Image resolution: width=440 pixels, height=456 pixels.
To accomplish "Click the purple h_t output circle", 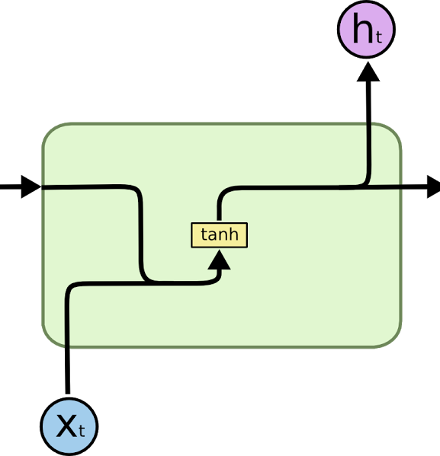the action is click(x=366, y=30).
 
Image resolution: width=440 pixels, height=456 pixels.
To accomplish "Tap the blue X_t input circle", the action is click(x=69, y=426).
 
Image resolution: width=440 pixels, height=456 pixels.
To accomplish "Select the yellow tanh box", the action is click(x=219, y=235).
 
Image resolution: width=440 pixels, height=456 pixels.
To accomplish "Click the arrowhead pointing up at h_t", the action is click(x=368, y=72).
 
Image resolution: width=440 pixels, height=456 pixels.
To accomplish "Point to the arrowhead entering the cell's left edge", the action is click(x=31, y=187).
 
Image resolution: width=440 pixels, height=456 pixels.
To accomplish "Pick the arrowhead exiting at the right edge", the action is click(x=434, y=187).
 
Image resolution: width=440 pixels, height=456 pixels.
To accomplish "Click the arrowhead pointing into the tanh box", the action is click(x=219, y=260).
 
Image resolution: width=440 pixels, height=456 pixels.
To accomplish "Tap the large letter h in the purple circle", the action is click(x=363, y=28).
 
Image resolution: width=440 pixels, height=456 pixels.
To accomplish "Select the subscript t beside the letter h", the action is click(x=379, y=37).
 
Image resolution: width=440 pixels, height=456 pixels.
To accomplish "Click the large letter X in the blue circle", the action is click(x=67, y=426).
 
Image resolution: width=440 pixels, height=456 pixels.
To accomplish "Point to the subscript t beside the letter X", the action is click(x=82, y=431).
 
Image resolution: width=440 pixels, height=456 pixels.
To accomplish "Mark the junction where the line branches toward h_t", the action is click(x=367, y=186).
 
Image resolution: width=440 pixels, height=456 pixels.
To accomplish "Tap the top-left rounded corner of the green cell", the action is click(x=50, y=130).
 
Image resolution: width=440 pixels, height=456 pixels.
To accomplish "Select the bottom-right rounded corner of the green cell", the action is click(x=394, y=340).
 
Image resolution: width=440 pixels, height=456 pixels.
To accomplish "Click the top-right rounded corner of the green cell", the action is click(x=394, y=130).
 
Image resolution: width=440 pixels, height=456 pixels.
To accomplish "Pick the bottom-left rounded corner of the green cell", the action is click(x=50, y=340).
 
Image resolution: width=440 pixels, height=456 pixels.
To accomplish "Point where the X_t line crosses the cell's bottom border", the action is click(x=68, y=346).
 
